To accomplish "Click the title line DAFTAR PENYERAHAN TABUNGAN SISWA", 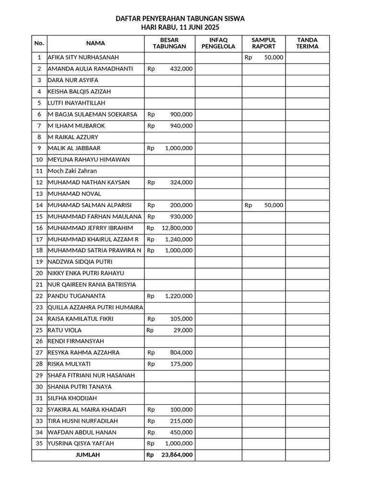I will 180,19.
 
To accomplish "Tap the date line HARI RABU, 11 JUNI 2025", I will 180,28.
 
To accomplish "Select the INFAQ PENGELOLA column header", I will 218,43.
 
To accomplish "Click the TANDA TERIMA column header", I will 307,43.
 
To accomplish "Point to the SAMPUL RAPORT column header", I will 264,43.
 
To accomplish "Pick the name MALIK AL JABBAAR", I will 74,148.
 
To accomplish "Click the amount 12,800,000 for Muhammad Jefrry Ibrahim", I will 177,228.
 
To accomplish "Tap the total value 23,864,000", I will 177,455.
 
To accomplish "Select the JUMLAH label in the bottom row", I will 88,455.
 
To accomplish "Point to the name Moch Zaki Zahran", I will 72,171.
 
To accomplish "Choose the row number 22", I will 39,296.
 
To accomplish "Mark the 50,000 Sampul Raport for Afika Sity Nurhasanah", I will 273,58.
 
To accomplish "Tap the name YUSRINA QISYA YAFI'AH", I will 80,444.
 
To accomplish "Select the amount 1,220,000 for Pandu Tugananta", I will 178,296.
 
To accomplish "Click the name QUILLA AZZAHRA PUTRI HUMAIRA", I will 95,307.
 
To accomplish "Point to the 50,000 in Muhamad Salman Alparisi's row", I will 273,205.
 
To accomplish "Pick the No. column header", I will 39,43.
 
